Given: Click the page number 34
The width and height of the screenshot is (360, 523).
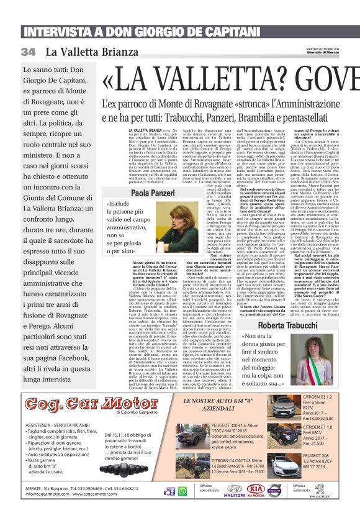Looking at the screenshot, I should click(x=29, y=52).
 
